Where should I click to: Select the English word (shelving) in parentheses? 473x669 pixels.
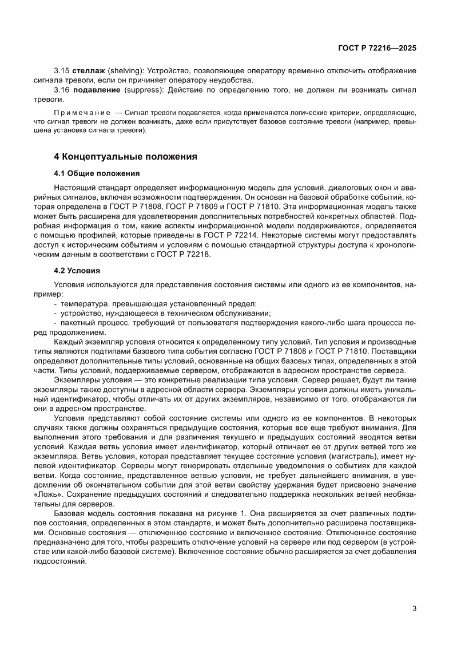[x=124, y=70]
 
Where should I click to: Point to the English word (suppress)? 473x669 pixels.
[x=141, y=90]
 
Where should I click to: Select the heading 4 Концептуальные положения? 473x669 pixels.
[x=125, y=156]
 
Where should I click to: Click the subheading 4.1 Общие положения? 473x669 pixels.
[x=97, y=173]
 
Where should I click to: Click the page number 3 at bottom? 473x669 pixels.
[x=414, y=608]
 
